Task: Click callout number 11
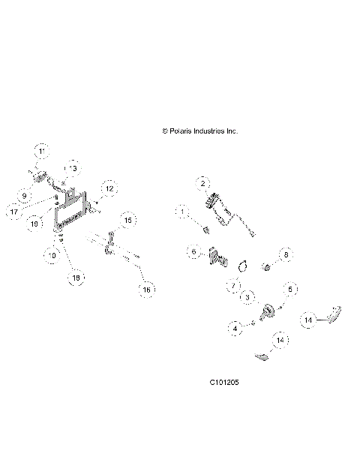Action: pos(42,152)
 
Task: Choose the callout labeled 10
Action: pos(52,255)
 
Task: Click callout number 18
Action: pos(75,278)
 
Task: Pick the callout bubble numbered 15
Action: pos(128,220)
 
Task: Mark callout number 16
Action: pos(147,287)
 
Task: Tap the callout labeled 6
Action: pos(193,251)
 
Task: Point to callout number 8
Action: pos(285,255)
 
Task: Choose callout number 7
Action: pos(233,285)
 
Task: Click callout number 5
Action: pos(292,287)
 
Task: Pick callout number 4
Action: pos(235,328)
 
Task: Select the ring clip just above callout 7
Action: pos(244,264)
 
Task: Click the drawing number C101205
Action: pos(225,382)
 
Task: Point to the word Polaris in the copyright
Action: pos(181,131)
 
